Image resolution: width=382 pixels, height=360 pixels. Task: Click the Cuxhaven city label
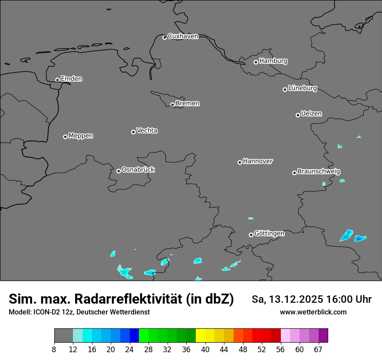coord(183,36)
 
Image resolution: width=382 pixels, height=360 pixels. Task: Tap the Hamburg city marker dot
coord(256,62)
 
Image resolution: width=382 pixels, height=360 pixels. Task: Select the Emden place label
coord(71,79)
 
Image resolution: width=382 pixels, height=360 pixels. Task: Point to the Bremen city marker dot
coord(172,105)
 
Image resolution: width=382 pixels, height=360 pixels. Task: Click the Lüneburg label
coord(303,88)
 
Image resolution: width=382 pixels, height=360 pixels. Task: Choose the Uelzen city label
coord(311,114)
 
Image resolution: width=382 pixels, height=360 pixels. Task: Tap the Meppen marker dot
coord(65,137)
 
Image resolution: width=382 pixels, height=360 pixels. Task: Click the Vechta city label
coord(147,131)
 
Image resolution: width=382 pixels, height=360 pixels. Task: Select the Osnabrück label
coord(138,170)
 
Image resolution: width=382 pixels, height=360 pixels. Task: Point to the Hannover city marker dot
coord(240,162)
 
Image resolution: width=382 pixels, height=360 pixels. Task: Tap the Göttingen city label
coord(269,233)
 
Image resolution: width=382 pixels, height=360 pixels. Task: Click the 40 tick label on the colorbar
coord(205,350)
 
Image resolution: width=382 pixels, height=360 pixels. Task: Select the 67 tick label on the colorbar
coord(318,350)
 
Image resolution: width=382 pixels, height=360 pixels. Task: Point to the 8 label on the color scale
coord(54,350)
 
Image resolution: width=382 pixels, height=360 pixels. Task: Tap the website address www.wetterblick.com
coord(313,312)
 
